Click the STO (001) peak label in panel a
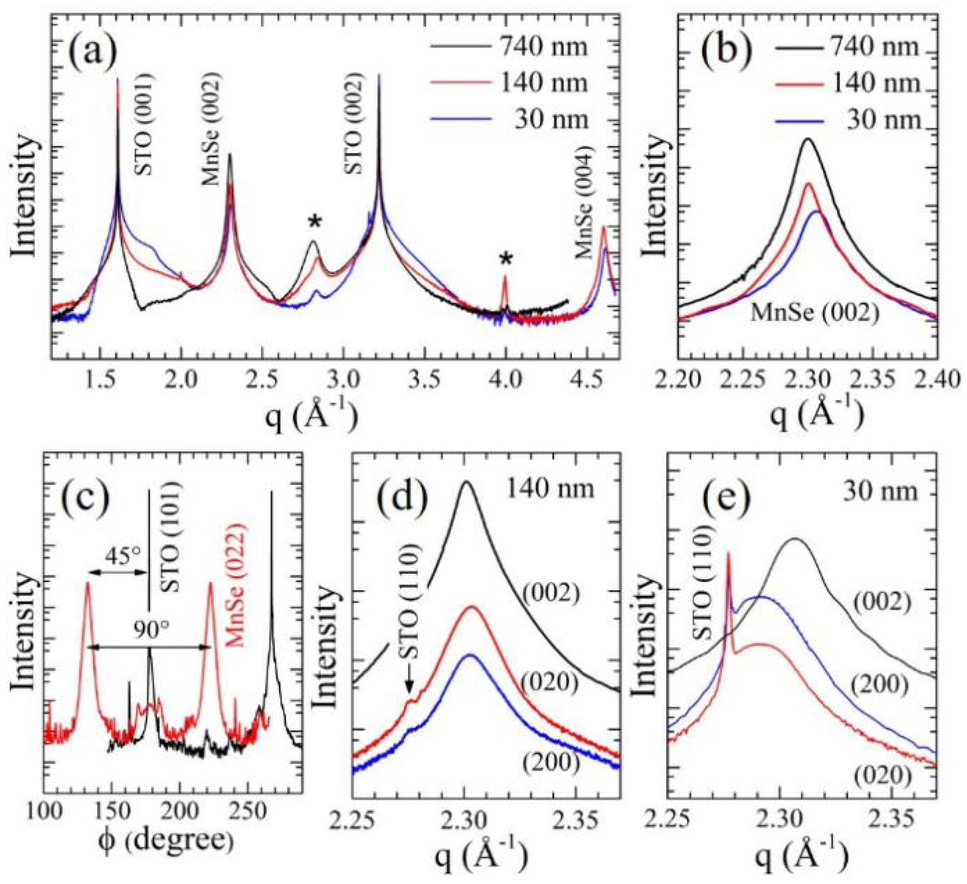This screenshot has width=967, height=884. tap(144, 125)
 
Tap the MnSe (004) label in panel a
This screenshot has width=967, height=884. tap(584, 202)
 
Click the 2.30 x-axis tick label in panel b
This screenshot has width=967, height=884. tap(808, 380)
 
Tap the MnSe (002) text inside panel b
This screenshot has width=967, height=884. tap(814, 312)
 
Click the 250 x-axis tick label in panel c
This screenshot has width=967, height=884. tap(247, 812)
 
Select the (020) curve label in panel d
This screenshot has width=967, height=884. tap(549, 683)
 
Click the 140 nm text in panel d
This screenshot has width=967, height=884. tap(550, 488)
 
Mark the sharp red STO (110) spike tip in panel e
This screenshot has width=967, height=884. tap(728, 552)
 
